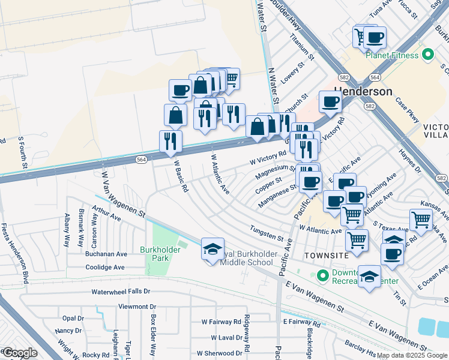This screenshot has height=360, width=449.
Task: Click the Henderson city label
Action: click(363, 92)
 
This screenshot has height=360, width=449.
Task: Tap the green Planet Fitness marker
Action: click(427, 55)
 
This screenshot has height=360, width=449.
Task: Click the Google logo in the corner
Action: click(19, 353)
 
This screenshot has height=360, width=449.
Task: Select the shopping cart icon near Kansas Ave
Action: click(421, 220)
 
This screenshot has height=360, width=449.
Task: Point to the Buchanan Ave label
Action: click(106, 254)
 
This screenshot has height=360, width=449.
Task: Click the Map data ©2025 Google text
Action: click(412, 355)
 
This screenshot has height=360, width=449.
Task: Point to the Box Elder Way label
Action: click(153, 331)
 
